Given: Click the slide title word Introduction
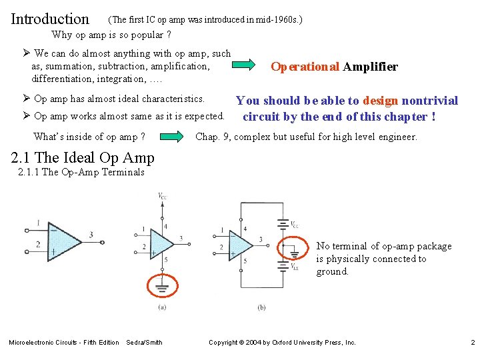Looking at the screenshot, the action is tap(50, 19).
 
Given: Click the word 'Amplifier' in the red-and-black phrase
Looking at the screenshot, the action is tap(371, 67).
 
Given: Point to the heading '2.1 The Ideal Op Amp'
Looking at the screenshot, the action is tap(83, 158).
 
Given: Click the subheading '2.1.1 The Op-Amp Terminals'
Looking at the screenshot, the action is tap(83, 172).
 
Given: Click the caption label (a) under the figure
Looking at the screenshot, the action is tap(162, 307).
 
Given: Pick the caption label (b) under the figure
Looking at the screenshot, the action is tap(261, 307).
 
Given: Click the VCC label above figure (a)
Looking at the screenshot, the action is tap(162, 195).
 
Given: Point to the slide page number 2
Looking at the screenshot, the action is tap(472, 343).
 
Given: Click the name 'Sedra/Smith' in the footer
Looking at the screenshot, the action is tap(144, 343).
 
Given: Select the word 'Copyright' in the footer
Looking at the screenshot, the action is tap(223, 343).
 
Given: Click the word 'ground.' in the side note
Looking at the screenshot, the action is tap(332, 271).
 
